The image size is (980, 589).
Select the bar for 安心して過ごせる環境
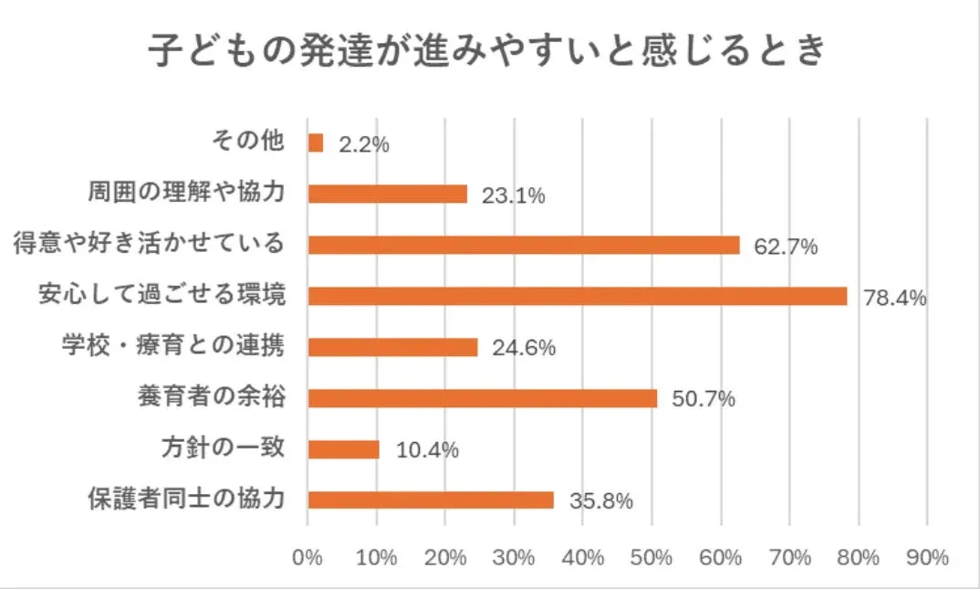coord(578,296)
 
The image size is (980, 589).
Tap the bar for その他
coord(316,143)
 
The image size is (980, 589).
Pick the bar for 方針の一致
coord(344,449)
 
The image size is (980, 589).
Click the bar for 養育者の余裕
coord(483,398)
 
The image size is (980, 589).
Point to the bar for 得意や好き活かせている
coord(524,245)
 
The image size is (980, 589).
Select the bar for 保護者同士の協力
coord(431,500)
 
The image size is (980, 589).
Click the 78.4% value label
coord(894,298)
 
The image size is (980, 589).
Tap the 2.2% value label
coord(364,144)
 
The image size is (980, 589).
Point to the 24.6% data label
coord(523,349)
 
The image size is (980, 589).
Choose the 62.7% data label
coord(785,247)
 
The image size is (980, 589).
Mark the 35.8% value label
coord(600,501)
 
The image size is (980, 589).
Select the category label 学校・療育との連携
coord(173,347)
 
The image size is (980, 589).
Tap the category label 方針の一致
coord(224,448)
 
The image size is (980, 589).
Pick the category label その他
coord(248,142)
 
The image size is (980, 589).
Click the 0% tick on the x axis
coord(308,557)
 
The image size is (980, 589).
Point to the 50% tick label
coord(652,557)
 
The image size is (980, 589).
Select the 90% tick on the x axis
coord(927,557)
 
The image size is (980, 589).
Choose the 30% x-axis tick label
coord(514,557)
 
